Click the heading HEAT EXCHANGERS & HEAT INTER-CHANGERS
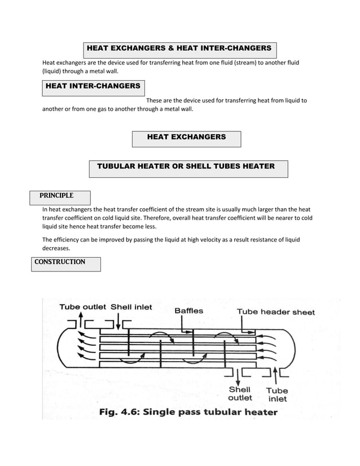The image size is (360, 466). (x=179, y=49)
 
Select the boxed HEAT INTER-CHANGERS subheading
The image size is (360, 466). (x=93, y=86)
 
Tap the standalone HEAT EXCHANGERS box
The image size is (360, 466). (x=186, y=137)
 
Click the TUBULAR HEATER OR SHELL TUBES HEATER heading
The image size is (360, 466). (x=186, y=166)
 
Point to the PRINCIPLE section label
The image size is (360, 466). (x=56, y=196)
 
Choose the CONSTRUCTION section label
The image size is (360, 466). (x=60, y=262)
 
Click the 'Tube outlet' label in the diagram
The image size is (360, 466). (x=83, y=307)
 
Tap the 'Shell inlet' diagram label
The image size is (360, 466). (x=131, y=307)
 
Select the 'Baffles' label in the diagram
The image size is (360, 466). (x=188, y=311)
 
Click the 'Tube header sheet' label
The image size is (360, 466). (x=275, y=312)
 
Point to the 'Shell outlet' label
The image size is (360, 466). (x=240, y=394)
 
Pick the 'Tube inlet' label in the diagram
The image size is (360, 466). (x=276, y=394)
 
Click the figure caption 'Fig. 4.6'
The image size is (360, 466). (x=119, y=412)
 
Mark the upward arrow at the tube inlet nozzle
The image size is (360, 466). (x=275, y=374)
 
